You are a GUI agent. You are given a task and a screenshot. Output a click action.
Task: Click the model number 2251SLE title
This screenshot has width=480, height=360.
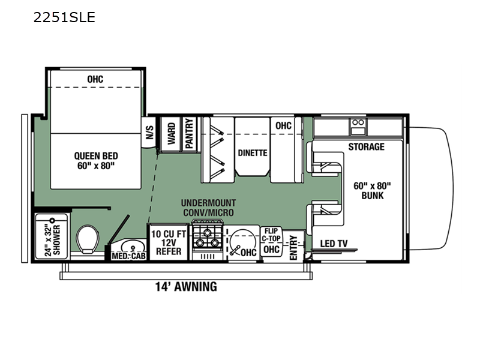(x=64, y=17)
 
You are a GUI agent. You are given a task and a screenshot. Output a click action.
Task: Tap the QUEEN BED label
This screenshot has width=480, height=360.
(x=96, y=156)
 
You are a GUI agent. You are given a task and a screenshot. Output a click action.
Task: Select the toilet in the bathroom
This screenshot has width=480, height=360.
(x=88, y=239)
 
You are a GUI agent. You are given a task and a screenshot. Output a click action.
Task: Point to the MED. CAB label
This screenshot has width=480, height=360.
(x=128, y=256)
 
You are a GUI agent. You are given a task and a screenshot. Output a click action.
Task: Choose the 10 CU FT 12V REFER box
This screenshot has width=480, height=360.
(x=169, y=242)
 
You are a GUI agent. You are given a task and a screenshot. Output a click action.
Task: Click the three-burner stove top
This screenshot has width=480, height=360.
(x=207, y=238)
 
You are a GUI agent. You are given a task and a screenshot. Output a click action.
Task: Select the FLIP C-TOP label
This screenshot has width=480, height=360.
(x=271, y=235)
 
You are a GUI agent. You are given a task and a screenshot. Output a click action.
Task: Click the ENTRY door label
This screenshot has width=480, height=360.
(x=293, y=248)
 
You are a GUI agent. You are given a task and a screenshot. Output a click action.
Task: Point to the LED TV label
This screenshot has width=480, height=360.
(x=334, y=244)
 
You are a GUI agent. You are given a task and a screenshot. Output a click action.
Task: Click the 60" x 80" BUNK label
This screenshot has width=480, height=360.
(x=372, y=191)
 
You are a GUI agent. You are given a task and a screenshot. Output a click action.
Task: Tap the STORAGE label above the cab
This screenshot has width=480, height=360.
(x=366, y=146)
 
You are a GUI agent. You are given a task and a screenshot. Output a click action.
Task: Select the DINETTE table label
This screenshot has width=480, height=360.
(x=253, y=153)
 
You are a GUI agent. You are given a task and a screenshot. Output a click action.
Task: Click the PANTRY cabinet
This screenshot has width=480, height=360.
(x=190, y=134)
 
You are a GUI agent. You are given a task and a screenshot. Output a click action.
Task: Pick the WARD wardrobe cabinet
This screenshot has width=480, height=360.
(x=172, y=134)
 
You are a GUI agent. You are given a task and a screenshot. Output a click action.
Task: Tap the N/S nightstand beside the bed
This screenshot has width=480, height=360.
(x=149, y=132)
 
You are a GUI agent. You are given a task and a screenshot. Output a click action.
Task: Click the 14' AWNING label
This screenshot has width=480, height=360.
(x=186, y=287)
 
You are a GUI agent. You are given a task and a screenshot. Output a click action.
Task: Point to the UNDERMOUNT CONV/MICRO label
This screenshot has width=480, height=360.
(x=208, y=208)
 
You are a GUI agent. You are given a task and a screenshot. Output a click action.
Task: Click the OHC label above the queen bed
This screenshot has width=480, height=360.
(x=95, y=79)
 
